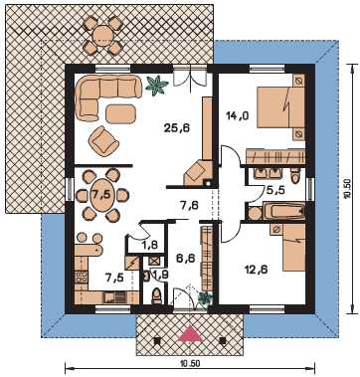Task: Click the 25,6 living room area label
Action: (177, 128)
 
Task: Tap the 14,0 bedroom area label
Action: (238, 115)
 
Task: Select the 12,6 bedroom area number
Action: (256, 270)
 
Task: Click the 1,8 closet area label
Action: (150, 246)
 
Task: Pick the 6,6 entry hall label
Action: (186, 258)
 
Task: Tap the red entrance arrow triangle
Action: (190, 333)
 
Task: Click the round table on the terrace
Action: (102, 35)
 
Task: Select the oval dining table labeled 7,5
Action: (102, 195)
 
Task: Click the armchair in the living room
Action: (103, 141)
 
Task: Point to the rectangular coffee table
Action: (120, 113)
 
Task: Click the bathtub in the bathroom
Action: (283, 211)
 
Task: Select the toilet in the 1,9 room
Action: (157, 296)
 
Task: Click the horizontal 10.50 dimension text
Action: (190, 363)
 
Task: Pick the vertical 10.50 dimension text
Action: (347, 189)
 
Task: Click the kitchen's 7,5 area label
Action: (115, 277)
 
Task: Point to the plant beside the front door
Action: (205, 297)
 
